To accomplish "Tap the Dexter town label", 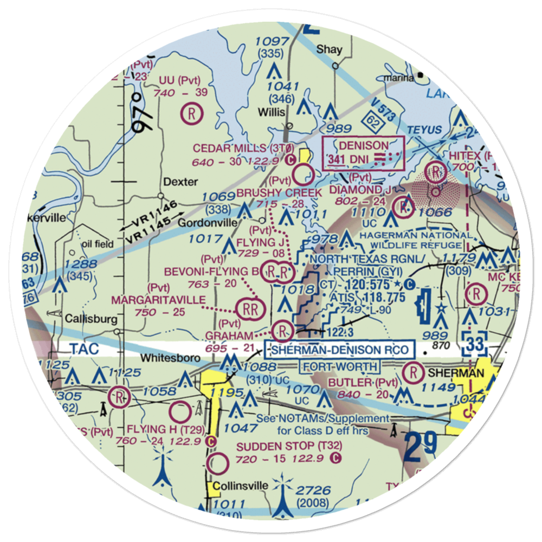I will click(x=181, y=182).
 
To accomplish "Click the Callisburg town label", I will click(x=91, y=319).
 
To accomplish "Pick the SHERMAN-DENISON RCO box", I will click(x=339, y=350).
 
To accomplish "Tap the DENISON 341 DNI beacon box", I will click(x=364, y=153).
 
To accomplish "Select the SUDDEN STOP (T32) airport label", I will click(x=282, y=446).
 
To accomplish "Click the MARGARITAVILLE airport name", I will click(x=158, y=300).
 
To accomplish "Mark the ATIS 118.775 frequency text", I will click(x=370, y=298).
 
